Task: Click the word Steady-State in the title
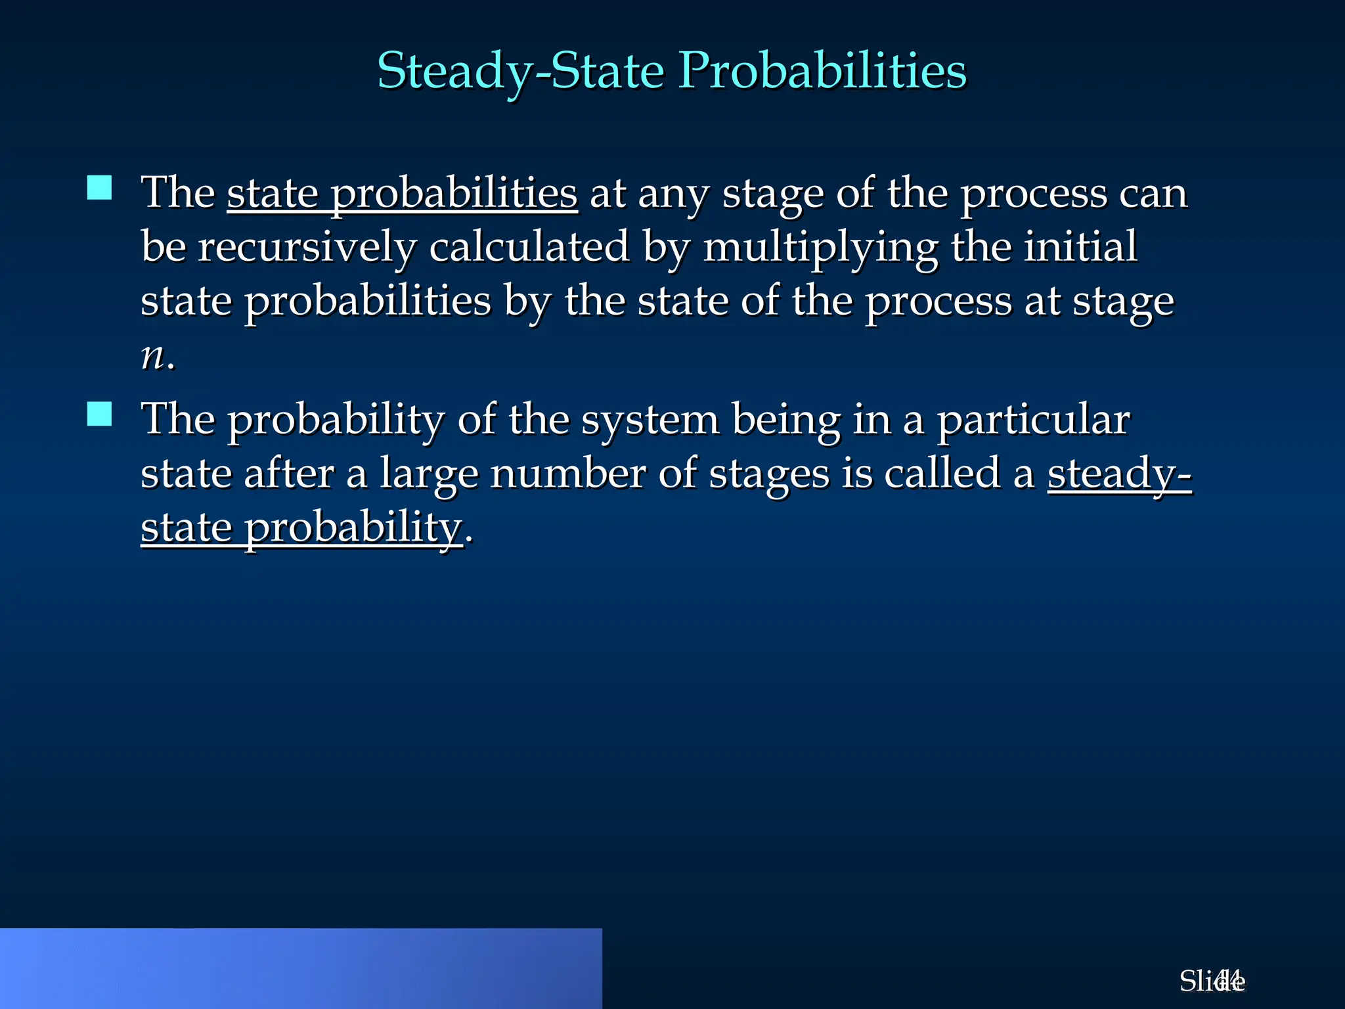521,71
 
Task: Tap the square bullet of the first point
99,188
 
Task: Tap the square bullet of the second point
99,415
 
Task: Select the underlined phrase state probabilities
402,194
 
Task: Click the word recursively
307,248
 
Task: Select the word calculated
529,248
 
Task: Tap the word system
650,420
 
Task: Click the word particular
1033,420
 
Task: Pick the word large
429,475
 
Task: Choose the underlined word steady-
1119,475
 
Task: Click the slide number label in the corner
1212,981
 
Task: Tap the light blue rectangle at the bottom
301,968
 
